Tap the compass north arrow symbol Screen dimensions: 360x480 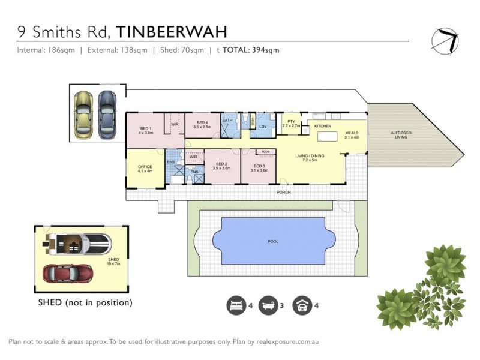point(445,40)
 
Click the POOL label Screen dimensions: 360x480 point(274,241)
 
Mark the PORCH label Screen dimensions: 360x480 point(283,192)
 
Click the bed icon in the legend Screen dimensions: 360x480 point(236,306)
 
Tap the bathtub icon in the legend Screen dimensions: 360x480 point(268,306)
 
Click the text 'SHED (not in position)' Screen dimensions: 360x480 point(85,302)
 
